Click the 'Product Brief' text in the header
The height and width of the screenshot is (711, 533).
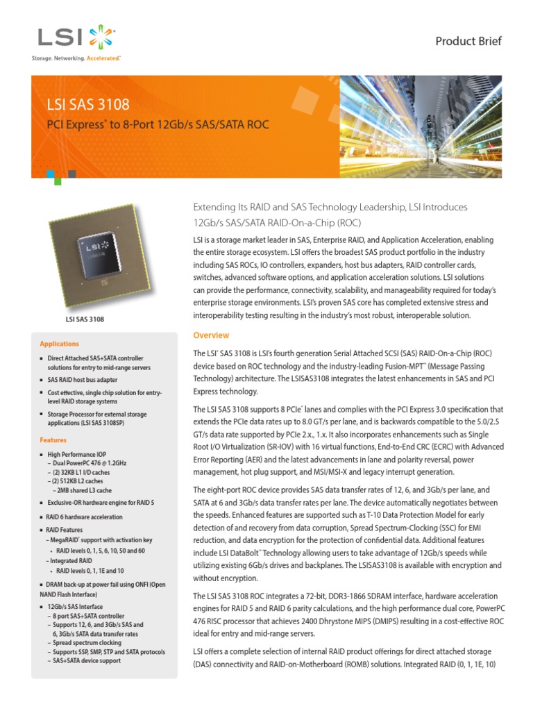(x=468, y=41)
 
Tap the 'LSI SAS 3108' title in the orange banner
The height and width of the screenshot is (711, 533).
(x=87, y=106)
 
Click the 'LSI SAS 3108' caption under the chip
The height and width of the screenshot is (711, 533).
(x=85, y=319)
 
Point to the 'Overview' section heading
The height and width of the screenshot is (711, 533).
(x=211, y=336)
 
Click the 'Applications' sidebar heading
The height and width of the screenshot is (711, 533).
(x=59, y=344)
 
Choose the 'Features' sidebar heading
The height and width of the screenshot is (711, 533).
(x=53, y=440)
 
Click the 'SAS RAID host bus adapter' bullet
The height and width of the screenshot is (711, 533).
(x=82, y=380)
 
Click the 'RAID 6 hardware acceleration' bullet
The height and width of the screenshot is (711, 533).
(x=85, y=517)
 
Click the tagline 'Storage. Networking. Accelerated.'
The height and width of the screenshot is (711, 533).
(x=76, y=59)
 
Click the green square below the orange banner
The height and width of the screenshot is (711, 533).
(x=57, y=181)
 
